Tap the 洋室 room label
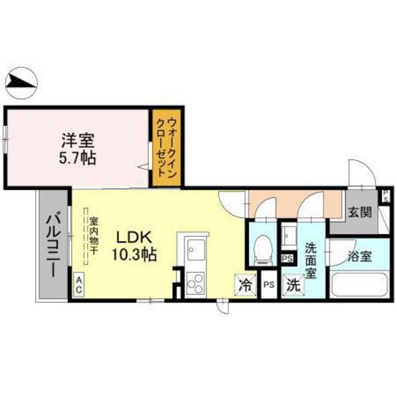pyautogui.click(x=76, y=140)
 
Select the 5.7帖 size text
pyautogui.click(x=76, y=157)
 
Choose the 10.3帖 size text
pyautogui.click(x=132, y=253)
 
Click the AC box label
pyautogui.click(x=78, y=284)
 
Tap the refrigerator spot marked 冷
pyautogui.click(x=245, y=286)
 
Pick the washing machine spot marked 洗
pyautogui.click(x=292, y=286)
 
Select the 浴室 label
pyautogui.click(x=361, y=255)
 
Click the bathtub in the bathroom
pyautogui.click(x=361, y=287)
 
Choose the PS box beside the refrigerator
pyautogui.click(x=268, y=285)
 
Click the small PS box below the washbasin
pyautogui.click(x=286, y=259)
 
